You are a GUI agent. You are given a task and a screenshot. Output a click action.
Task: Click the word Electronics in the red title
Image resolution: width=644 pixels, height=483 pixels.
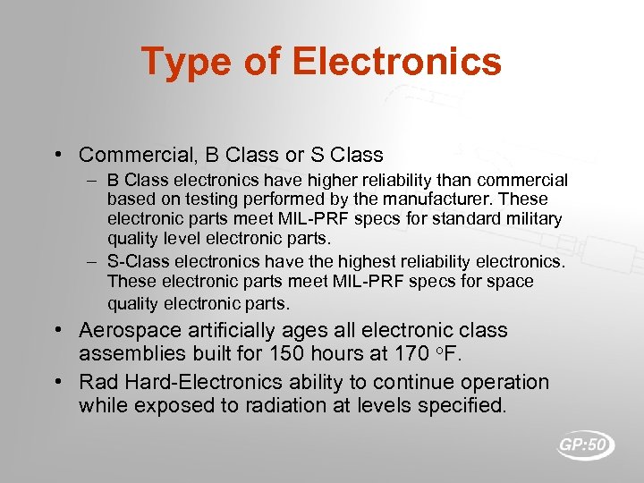pos(396,62)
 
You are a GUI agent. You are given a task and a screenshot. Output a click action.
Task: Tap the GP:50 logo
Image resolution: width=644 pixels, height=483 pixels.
pos(586,445)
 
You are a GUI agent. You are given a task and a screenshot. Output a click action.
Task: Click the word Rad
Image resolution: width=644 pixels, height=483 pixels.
pos(97,383)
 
